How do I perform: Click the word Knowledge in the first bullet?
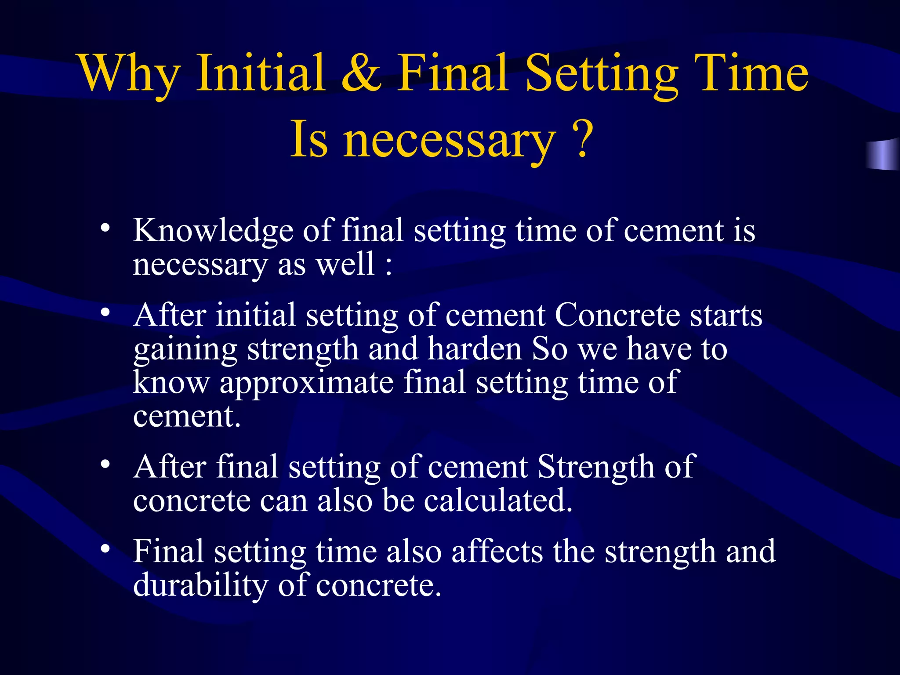(x=213, y=231)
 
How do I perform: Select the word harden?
(x=475, y=349)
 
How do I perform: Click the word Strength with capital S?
(x=596, y=467)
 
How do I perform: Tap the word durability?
(x=200, y=585)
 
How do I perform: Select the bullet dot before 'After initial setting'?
(x=105, y=312)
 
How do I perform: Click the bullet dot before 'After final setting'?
(x=105, y=464)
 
